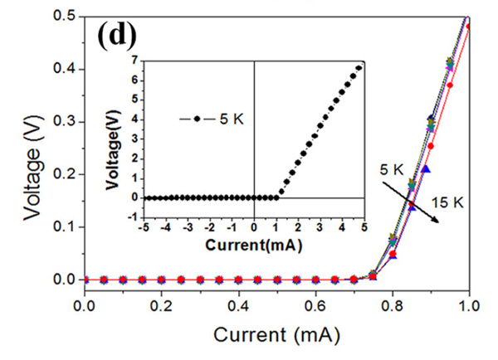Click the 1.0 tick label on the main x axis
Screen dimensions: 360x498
[x=470, y=305]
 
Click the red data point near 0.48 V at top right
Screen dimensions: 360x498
[x=469, y=27]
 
